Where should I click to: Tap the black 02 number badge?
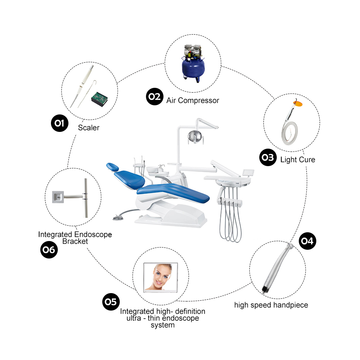coord(154,97)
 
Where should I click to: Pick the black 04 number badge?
coord(308,241)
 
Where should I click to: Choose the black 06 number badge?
coord(49,250)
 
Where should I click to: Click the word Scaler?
coord(89,128)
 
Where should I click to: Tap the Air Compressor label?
coord(193,101)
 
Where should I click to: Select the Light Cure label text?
coord(298,160)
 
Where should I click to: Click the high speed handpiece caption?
coord(271,305)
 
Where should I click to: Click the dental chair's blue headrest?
coord(113,167)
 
